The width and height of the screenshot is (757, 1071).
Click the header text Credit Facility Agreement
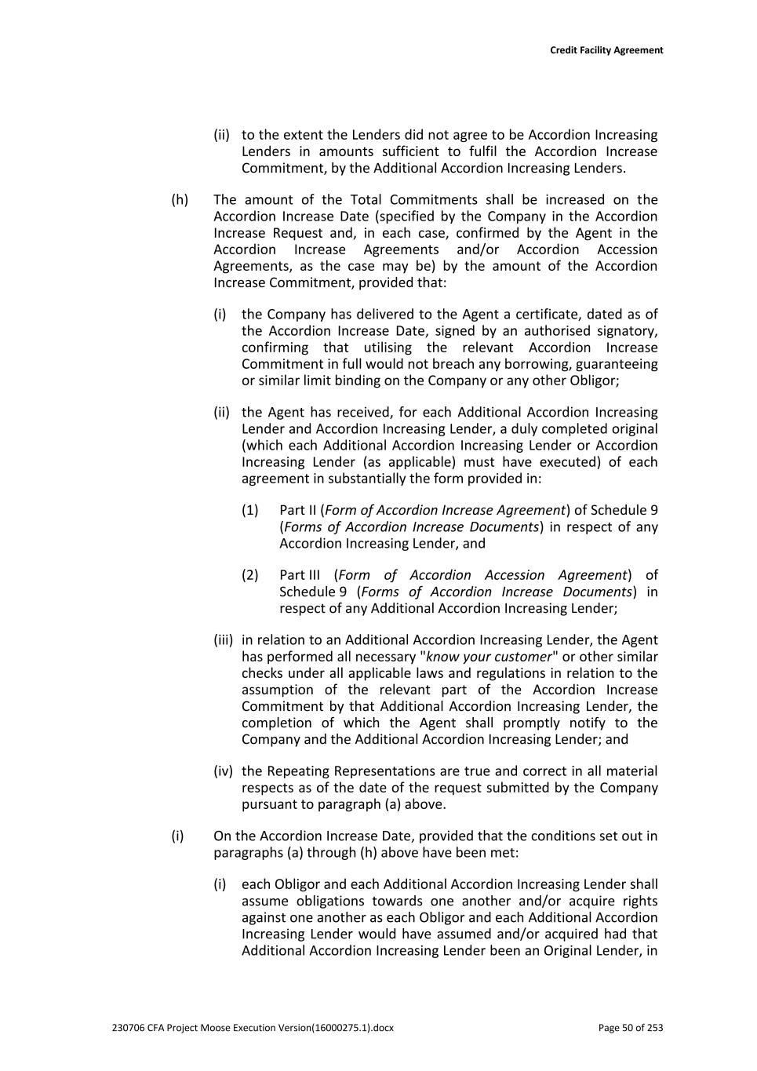click(x=606, y=50)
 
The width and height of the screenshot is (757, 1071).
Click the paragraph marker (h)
click(x=180, y=200)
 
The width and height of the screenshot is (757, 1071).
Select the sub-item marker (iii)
click(x=224, y=640)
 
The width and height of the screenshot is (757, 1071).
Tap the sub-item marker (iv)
click(x=224, y=771)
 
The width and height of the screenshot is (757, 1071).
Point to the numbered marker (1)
click(x=250, y=510)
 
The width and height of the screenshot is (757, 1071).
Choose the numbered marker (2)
click(x=250, y=575)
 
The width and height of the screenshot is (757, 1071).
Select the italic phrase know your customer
click(x=489, y=657)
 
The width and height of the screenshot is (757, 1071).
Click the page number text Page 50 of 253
click(x=630, y=1028)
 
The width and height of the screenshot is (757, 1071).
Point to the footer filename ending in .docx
click(x=253, y=1028)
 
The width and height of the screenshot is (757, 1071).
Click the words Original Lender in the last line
click(x=591, y=951)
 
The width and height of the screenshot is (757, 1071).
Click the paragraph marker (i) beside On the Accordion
click(x=177, y=836)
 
